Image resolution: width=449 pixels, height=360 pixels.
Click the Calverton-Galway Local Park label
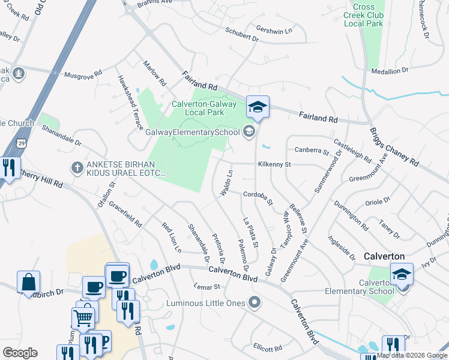pos(190,108)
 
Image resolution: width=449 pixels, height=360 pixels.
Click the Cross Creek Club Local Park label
pos(363,15)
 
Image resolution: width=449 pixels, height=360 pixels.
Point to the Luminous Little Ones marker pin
pos(256,303)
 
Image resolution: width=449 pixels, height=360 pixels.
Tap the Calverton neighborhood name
pos(384,256)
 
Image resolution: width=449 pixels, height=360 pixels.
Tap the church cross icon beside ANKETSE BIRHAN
pos(77,168)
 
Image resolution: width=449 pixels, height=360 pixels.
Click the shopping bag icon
pos(28,281)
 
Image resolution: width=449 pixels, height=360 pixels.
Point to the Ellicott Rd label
pos(268,348)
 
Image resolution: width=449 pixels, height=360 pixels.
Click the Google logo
pos(20,352)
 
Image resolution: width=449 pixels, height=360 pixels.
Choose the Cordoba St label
pos(258,197)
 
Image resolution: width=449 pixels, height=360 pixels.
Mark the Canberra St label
pos(312,150)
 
